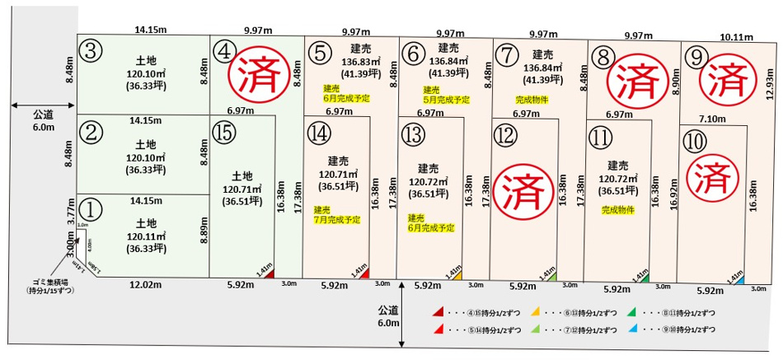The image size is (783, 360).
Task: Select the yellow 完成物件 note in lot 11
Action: [x=618, y=210]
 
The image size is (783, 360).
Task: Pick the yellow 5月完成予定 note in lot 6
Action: [x=446, y=95]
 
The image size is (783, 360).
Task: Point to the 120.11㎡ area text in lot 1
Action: [x=146, y=236]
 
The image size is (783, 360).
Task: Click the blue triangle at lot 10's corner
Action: [x=740, y=282]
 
